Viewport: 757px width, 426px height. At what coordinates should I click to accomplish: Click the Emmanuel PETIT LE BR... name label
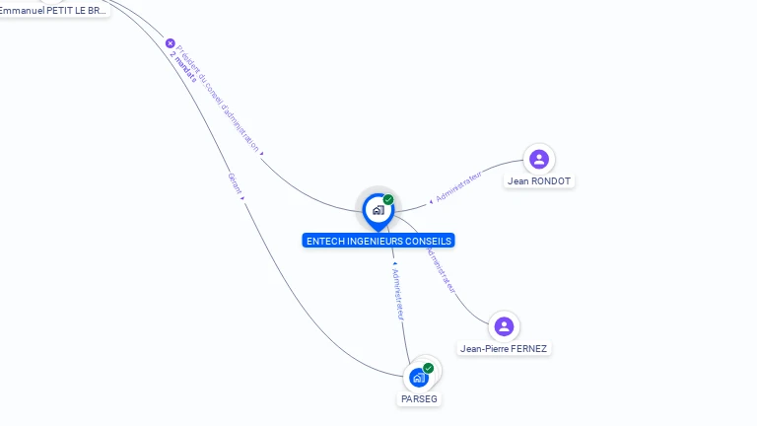53,10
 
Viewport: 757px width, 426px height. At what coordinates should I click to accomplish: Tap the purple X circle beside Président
171,43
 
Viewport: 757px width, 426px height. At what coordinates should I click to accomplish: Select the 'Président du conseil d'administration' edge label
218,98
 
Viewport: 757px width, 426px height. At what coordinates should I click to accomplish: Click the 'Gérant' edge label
235,182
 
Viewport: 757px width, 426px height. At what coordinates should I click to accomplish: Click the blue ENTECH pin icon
377,210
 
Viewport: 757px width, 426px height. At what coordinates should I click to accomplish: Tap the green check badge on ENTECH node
388,199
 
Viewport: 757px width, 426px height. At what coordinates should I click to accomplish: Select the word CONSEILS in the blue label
430,241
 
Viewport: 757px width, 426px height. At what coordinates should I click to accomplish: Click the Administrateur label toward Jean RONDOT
458,185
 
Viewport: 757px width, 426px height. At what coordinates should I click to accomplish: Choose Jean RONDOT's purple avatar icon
538,159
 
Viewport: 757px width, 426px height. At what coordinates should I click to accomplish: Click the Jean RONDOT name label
538,181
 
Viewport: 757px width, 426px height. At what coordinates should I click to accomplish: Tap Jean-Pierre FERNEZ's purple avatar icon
504,326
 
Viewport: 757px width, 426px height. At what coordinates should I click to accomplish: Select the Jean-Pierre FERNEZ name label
504,349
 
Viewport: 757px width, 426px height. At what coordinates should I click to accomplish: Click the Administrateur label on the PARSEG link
397,293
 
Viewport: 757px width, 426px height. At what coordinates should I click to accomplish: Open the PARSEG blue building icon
419,378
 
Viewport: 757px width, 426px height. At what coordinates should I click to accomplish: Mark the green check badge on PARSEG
428,368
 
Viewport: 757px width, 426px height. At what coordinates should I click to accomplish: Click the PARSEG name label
419,399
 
